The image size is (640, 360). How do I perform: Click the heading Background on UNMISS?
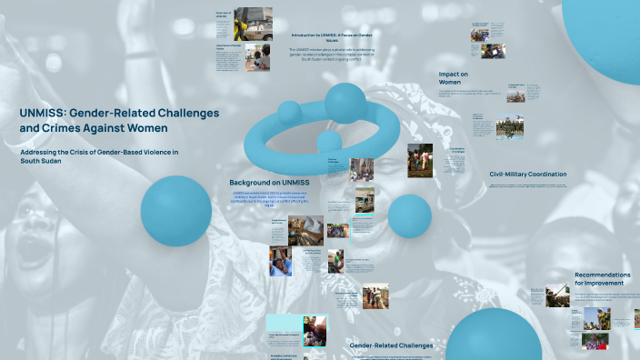[269, 183]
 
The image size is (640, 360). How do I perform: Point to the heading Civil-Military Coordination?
[527, 174]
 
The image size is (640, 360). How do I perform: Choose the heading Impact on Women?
[454, 77]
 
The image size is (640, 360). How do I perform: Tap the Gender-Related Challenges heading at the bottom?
[391, 345]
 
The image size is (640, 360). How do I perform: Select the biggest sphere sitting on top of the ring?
[345, 103]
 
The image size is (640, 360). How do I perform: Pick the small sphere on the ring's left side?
[289, 112]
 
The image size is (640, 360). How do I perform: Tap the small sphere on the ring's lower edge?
[329, 141]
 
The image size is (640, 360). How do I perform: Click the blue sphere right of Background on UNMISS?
[409, 215]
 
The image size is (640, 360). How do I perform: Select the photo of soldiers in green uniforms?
[511, 128]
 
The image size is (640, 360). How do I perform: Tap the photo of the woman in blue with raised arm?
[279, 262]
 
